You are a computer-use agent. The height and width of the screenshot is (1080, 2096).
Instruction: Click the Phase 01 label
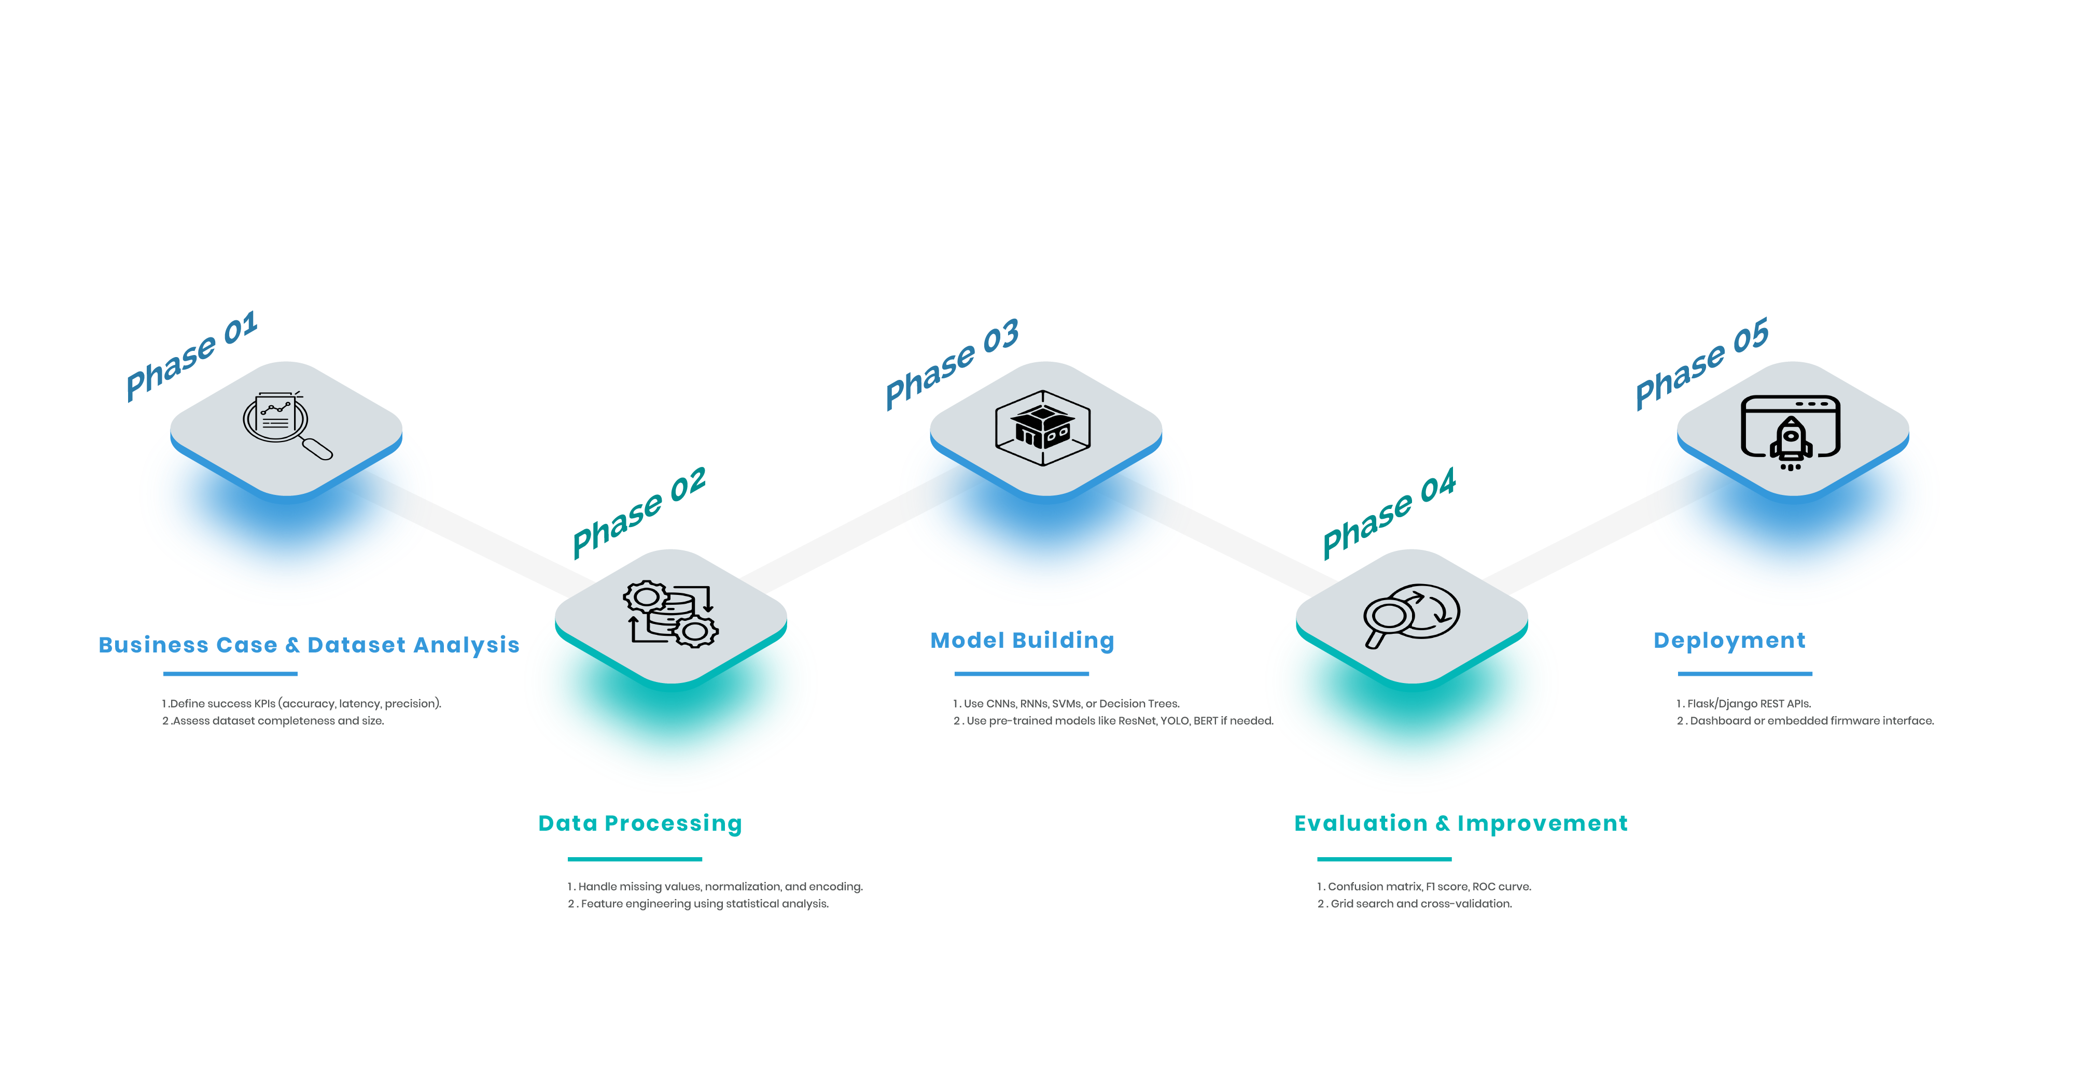coord(192,356)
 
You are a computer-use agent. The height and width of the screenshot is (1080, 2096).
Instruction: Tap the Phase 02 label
coord(639,513)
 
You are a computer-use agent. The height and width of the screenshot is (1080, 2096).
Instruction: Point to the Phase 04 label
coord(1389,513)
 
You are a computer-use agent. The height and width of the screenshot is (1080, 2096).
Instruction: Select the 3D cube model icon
coord(1043,428)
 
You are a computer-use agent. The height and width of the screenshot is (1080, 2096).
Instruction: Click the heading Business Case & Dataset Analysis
coord(309,645)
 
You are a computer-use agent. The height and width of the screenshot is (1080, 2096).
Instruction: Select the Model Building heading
coord(1022,641)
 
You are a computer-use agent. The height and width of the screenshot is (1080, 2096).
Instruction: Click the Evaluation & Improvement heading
coord(1461,823)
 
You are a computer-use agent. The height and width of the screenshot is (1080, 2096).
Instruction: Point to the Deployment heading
coord(1729,641)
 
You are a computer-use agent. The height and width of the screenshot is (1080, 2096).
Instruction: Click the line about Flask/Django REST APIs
coord(1744,703)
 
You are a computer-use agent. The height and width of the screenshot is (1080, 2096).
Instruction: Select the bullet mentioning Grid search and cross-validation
coord(1415,903)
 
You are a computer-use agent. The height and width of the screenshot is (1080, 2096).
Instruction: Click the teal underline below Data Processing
coord(635,859)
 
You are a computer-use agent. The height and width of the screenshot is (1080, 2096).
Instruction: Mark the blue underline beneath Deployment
coord(1744,673)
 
